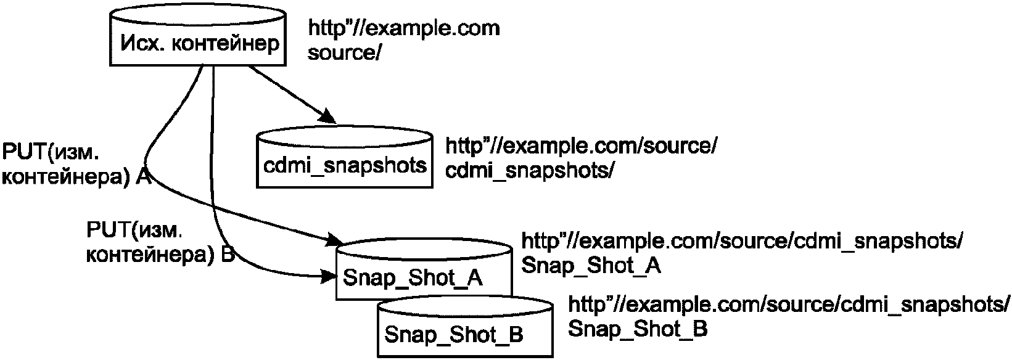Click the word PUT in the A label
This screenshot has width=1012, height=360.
pyautogui.click(x=23, y=152)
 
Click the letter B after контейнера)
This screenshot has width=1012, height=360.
pyautogui.click(x=228, y=255)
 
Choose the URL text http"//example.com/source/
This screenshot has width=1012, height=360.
pyautogui.click(x=581, y=147)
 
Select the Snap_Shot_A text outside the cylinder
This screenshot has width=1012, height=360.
pyautogui.click(x=591, y=265)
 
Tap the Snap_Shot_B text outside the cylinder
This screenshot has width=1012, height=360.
pyautogui.click(x=637, y=329)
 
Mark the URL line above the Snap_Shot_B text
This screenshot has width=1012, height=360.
pyautogui.click(x=789, y=305)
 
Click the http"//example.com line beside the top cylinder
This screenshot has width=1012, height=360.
pyautogui.click(x=403, y=28)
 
